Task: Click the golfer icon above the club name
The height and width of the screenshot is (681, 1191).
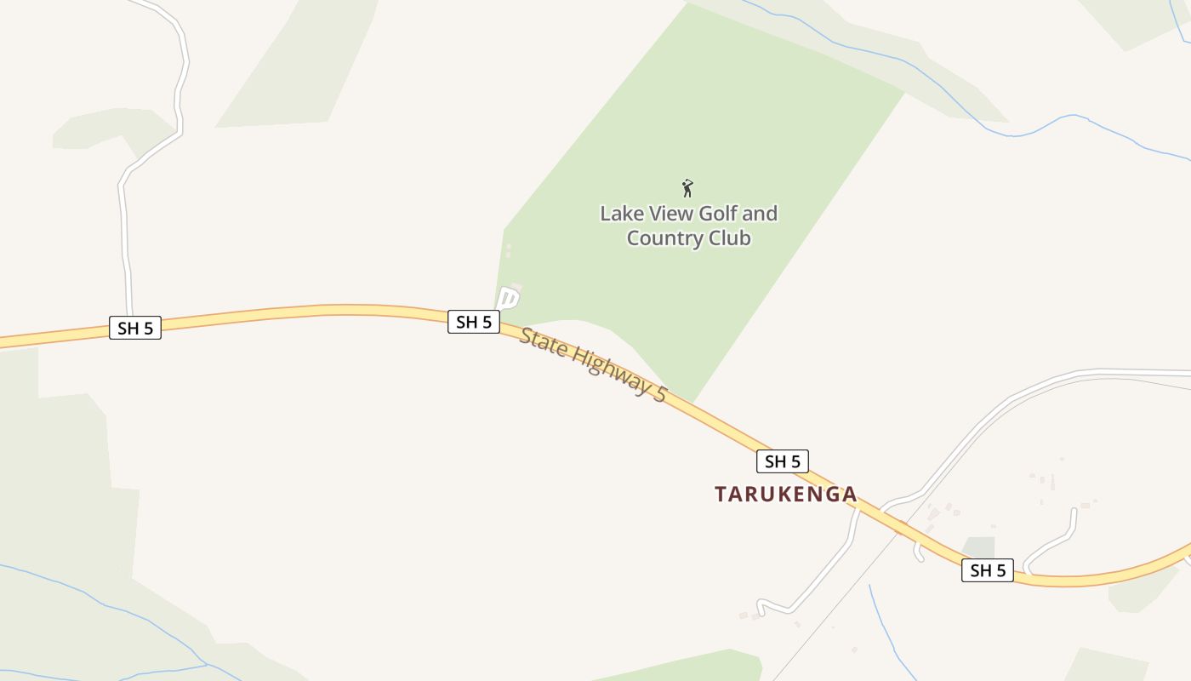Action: pos(687,188)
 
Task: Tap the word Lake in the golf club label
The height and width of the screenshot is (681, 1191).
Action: pos(619,214)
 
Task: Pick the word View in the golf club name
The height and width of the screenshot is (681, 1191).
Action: pos(670,214)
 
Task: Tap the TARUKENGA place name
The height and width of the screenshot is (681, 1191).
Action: pos(785,495)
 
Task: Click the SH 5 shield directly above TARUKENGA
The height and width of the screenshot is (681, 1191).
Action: pos(783,461)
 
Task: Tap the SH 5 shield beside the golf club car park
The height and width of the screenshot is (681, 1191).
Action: pos(474,322)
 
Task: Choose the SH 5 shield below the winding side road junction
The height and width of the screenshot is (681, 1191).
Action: pos(135,328)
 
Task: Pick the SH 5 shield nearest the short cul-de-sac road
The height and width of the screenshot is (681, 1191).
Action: pos(988,570)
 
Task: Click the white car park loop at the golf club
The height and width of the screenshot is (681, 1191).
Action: pos(507,298)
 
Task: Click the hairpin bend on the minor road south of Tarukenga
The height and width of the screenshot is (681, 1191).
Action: pos(761,606)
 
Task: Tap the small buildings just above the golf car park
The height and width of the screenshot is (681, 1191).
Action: pos(509,251)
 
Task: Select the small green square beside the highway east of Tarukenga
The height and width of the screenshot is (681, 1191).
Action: pos(979,547)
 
